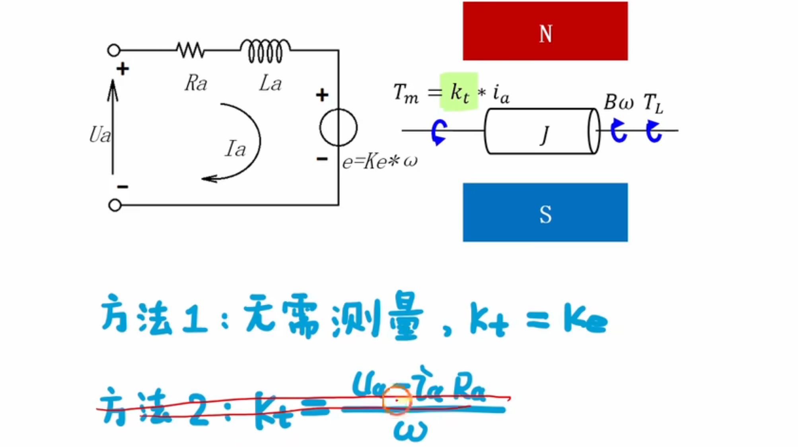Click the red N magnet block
click(x=545, y=31)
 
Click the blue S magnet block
click(x=545, y=212)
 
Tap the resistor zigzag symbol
click(x=190, y=50)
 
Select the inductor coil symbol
click(x=265, y=51)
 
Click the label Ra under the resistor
click(x=196, y=83)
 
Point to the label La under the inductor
click(x=271, y=83)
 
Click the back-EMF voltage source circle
click(x=339, y=128)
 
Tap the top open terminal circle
click(x=114, y=50)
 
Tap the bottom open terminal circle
click(x=115, y=205)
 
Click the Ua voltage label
click(x=100, y=134)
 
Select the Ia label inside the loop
click(x=236, y=149)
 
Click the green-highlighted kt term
click(x=459, y=91)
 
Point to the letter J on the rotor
click(x=545, y=135)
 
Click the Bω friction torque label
click(x=619, y=102)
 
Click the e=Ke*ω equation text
click(x=380, y=161)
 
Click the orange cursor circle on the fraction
click(x=397, y=400)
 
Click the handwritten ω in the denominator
click(x=411, y=430)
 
